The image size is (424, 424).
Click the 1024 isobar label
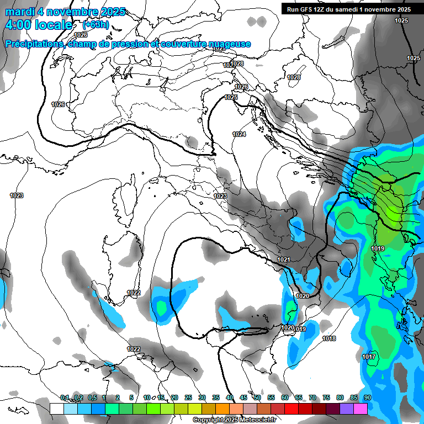239,134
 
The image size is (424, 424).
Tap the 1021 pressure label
284,259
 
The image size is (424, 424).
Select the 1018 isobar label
329,338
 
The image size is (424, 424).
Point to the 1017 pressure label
369,357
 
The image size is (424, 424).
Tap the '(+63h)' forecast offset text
96,25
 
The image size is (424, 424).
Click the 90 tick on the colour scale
367,398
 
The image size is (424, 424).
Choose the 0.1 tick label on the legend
64,398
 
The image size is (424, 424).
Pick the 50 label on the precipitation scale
257,398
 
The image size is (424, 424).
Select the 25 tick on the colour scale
188,398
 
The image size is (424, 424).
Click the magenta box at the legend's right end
361,409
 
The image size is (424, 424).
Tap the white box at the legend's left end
56,409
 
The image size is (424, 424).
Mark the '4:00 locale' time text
39,25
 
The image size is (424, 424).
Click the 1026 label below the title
81,50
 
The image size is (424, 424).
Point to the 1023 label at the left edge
17,195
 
